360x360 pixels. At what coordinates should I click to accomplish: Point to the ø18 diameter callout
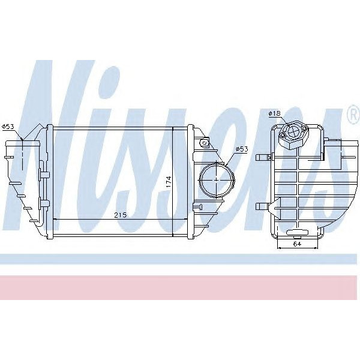(274, 113)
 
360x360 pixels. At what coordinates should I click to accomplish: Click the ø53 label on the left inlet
(8, 126)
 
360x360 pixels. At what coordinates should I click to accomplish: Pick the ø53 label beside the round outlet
(241, 148)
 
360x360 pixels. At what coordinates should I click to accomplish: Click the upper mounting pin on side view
(263, 158)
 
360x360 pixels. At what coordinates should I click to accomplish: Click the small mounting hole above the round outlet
(205, 143)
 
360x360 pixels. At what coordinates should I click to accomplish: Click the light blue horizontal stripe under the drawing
(180, 259)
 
